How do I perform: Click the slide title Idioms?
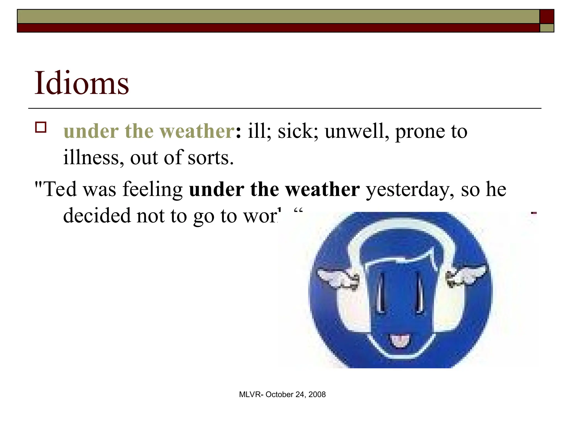click(81, 83)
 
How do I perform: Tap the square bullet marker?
click(41, 128)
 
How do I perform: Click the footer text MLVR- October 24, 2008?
click(282, 394)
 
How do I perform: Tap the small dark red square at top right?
click(547, 16)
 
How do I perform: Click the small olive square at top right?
click(547, 28)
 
